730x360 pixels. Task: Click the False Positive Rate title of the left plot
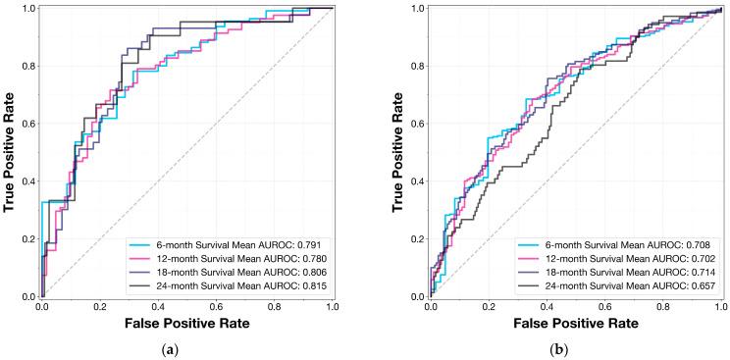coord(187,323)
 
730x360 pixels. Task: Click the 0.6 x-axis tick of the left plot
coord(216,307)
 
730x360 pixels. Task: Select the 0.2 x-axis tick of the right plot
coord(488,307)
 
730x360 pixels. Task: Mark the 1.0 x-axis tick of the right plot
coord(720,307)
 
